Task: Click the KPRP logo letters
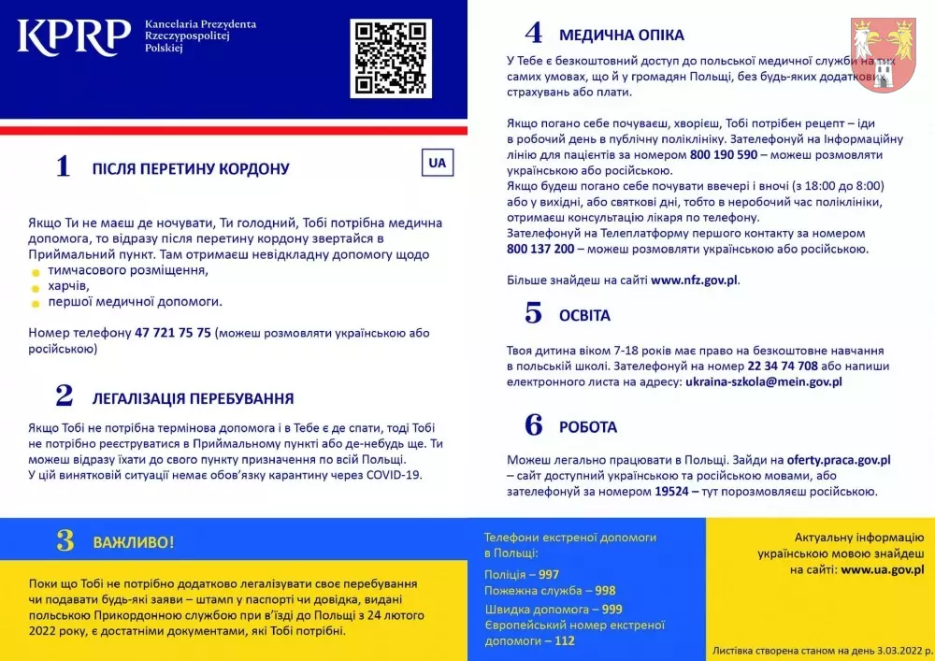[x=74, y=36]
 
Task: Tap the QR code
[x=391, y=58]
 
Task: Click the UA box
[x=437, y=162]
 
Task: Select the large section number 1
[x=63, y=167]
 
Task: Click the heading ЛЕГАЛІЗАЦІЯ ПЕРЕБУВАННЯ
[x=193, y=397]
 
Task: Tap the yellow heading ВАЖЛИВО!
[x=133, y=542]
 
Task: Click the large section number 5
[x=533, y=314]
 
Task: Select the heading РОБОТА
[x=588, y=426]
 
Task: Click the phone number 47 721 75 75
[x=173, y=333]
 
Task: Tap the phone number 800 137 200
[x=540, y=249]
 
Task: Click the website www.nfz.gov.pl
[x=695, y=280]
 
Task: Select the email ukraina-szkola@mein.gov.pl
[x=764, y=381]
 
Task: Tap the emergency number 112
[x=564, y=640]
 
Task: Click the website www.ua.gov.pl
[x=883, y=568]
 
